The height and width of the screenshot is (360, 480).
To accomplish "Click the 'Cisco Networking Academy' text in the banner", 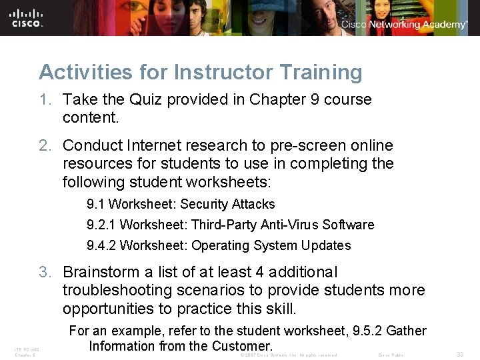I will pyautogui.click(x=404, y=25).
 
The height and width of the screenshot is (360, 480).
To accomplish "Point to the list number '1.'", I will pyautogui.click(x=45, y=99).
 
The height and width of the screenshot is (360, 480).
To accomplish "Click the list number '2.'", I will pyautogui.click(x=45, y=145).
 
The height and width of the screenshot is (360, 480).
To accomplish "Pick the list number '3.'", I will pyautogui.click(x=45, y=272).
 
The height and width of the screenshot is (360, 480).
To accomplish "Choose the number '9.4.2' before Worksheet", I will pyautogui.click(x=102, y=245).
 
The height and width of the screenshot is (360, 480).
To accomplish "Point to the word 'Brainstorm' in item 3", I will pyautogui.click(x=100, y=272).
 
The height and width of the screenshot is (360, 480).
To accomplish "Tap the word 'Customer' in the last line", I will pyautogui.click(x=241, y=346).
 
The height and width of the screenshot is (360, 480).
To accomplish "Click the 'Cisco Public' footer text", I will pyautogui.click(x=391, y=355).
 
